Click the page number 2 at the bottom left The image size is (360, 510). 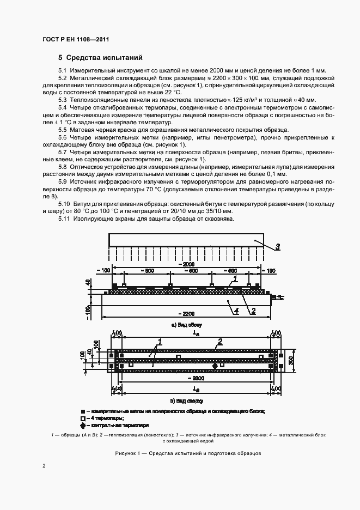coord(44,466)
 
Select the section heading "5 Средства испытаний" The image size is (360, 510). coord(96,57)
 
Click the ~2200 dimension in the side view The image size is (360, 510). coord(187,314)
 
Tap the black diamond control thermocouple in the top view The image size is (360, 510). coord(214,366)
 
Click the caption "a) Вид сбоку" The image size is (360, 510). coord(187,325)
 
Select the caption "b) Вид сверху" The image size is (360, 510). coord(187,400)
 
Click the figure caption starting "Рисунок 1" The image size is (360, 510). coord(188,453)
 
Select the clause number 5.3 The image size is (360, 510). coord(63,100)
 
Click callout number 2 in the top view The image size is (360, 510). coord(219,342)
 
